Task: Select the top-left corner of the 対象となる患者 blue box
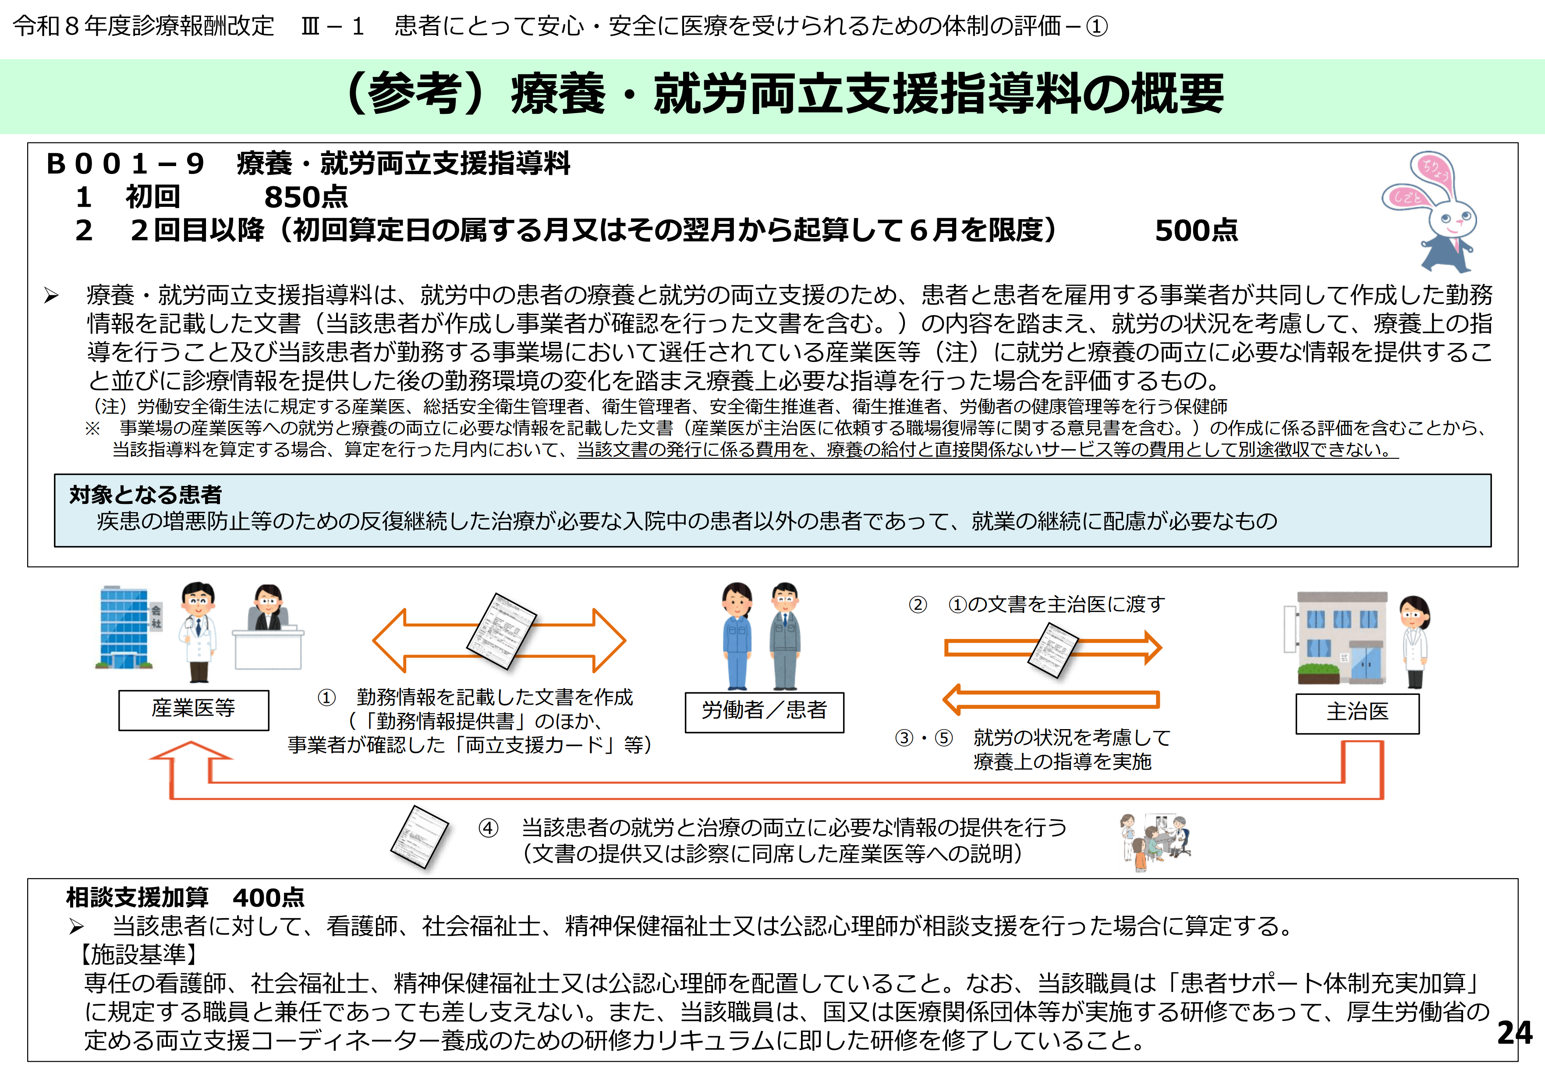coord(54,475)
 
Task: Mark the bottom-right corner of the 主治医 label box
coord(1419,733)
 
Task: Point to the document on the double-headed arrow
coord(501,630)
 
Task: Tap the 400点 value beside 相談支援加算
coord(269,898)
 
